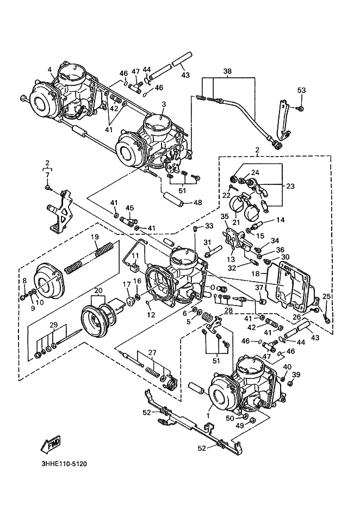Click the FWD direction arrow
(51, 444)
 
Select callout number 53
(301, 90)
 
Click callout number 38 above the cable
(227, 71)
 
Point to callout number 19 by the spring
(95, 237)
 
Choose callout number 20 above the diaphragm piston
(98, 290)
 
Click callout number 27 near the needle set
(152, 352)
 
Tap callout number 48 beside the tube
(198, 203)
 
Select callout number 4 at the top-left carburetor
(49, 69)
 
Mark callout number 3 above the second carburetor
(164, 104)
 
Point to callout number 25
(326, 296)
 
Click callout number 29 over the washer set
(54, 325)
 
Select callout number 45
(130, 208)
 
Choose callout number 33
(209, 225)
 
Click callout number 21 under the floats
(235, 222)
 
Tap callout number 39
(296, 375)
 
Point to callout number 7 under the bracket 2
(47, 175)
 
